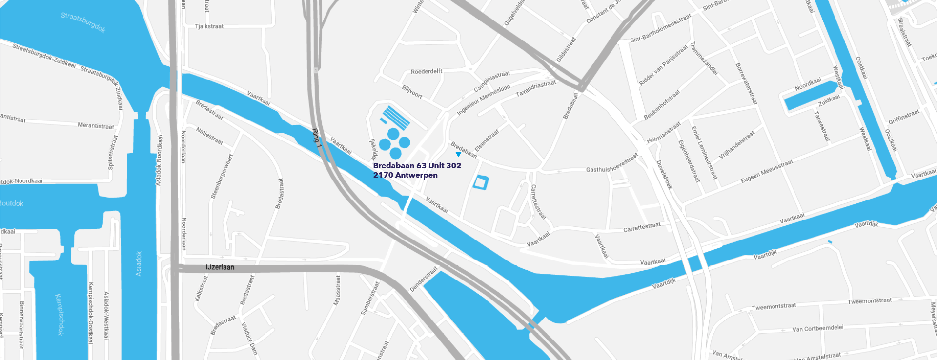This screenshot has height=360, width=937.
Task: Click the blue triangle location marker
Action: point(458,155)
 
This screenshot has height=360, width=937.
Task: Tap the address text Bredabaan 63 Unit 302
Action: point(417,166)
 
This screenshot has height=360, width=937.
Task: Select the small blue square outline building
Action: point(481,182)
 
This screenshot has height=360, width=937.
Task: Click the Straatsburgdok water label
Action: point(83,22)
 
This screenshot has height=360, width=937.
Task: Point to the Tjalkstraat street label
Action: point(209,26)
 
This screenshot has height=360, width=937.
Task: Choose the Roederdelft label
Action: point(427,71)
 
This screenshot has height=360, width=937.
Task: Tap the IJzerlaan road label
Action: point(220,267)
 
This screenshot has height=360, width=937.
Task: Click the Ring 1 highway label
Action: point(317,136)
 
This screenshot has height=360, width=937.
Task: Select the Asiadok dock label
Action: point(139,263)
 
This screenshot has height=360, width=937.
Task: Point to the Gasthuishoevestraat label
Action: point(612,164)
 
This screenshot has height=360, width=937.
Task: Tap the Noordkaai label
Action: point(808,84)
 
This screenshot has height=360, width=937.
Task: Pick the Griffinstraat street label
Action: point(904,117)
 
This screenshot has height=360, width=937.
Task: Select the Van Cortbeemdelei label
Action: point(817,328)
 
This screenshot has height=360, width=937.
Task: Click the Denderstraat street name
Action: point(424,279)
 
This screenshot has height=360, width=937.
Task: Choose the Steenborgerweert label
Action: point(222,177)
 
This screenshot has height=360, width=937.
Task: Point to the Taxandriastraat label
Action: point(536,88)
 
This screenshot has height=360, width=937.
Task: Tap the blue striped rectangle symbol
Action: point(396,117)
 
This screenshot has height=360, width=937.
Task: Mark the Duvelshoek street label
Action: point(664,175)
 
